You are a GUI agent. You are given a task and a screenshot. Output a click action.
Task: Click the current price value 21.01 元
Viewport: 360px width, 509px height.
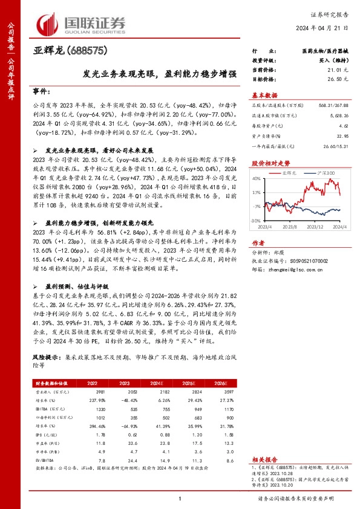pyautogui.click(x=330, y=70)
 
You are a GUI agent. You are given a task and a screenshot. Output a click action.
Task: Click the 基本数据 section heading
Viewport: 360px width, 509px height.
pyautogui.click(x=264, y=95)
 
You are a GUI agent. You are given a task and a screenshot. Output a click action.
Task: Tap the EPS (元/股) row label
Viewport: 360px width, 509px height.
pyautogui.click(x=47, y=434)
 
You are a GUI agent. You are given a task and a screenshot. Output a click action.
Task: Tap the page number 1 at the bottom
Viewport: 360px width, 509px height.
pyautogui.click(x=180, y=498)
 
